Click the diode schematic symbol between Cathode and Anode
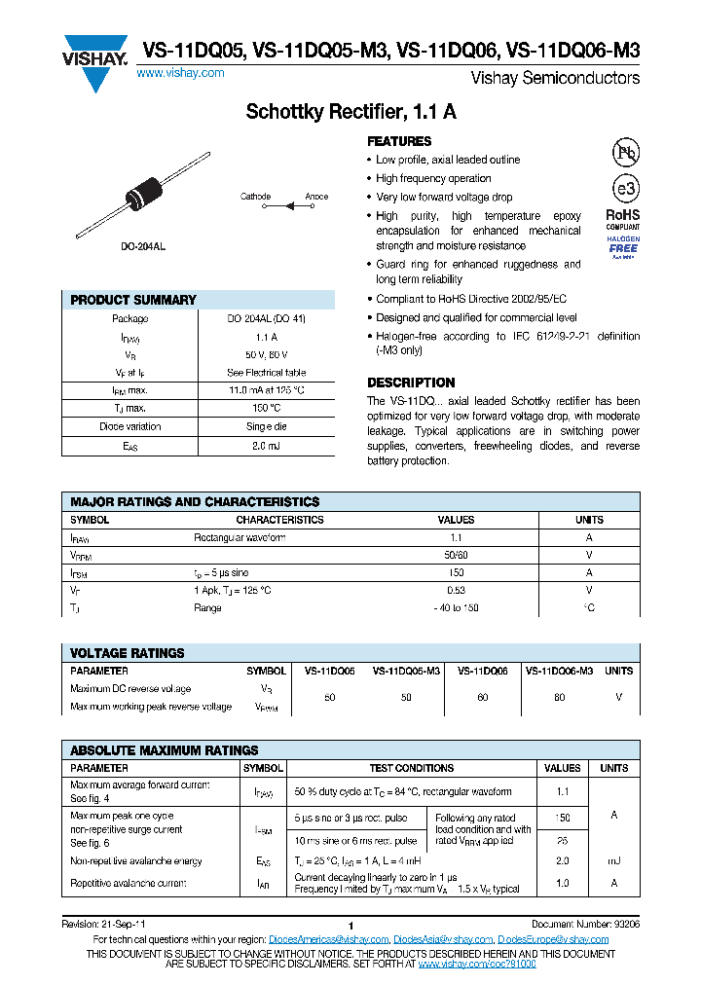(x=288, y=205)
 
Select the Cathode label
(x=255, y=197)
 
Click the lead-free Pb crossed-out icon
(x=623, y=153)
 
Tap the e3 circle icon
(x=623, y=189)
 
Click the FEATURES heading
(x=399, y=141)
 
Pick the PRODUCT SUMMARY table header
(x=133, y=300)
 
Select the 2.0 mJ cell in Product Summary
(x=266, y=445)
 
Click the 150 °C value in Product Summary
(x=266, y=408)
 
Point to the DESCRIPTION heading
(x=411, y=383)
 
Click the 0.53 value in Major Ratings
(x=456, y=590)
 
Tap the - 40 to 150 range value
(x=456, y=608)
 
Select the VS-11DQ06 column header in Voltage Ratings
(x=482, y=671)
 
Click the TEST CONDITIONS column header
(x=412, y=768)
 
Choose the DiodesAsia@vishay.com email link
(x=442, y=939)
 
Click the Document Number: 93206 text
(x=585, y=923)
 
